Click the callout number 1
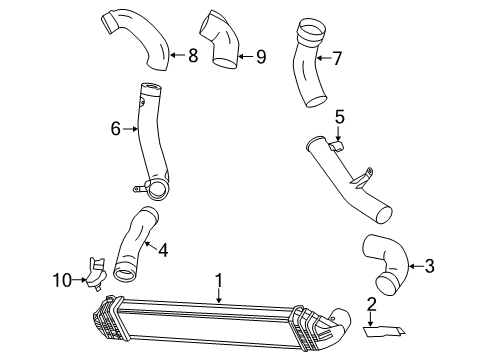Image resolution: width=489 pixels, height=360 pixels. (219, 281)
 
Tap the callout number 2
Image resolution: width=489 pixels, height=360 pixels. (371, 305)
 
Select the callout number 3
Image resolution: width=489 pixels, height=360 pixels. (429, 266)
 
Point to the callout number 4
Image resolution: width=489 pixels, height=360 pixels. (163, 250)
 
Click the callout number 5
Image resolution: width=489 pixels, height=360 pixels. (339, 117)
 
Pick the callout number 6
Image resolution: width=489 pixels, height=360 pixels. (115, 129)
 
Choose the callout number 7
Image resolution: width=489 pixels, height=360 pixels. (337, 58)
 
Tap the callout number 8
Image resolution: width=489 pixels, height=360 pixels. (193, 55)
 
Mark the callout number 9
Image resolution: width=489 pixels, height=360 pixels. (261, 57)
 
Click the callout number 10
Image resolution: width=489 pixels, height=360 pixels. (62, 280)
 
